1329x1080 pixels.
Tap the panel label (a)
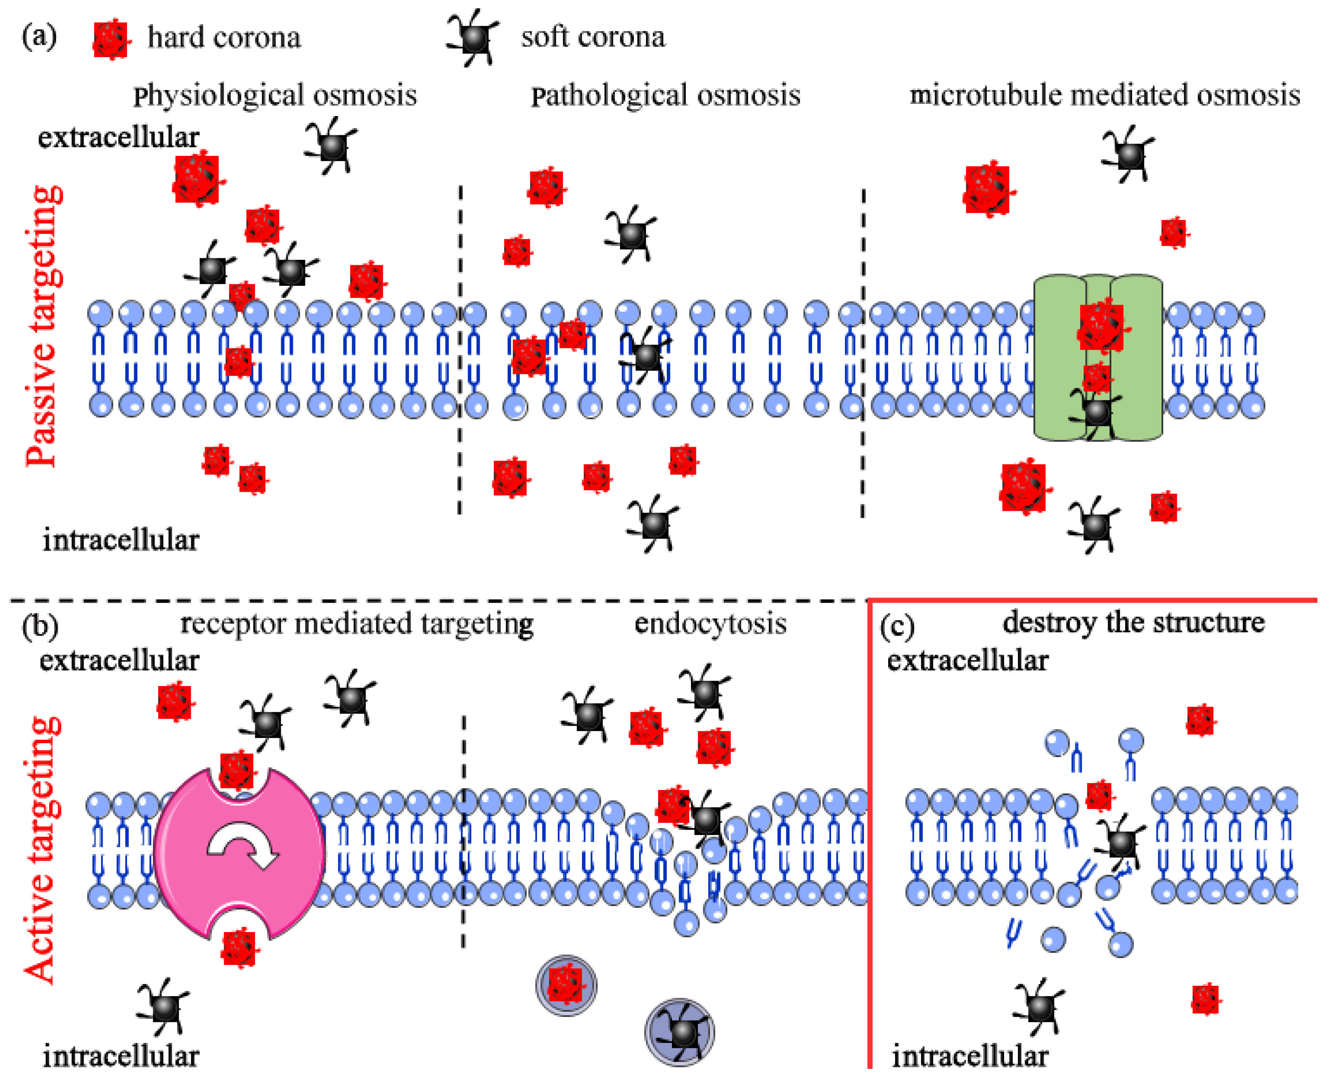pos(39,37)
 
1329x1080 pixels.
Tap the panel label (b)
pos(40,625)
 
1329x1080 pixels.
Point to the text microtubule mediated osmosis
pos(1104,95)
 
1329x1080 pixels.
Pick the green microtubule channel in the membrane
pos(1098,358)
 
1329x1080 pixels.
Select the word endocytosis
pos(710,624)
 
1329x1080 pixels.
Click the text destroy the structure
pos(1133,622)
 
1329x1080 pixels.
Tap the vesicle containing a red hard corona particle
pos(566,985)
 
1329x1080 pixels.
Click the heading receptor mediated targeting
pos(356,624)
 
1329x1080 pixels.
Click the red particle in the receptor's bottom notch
pos(239,947)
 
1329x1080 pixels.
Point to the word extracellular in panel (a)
pos(118,137)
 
